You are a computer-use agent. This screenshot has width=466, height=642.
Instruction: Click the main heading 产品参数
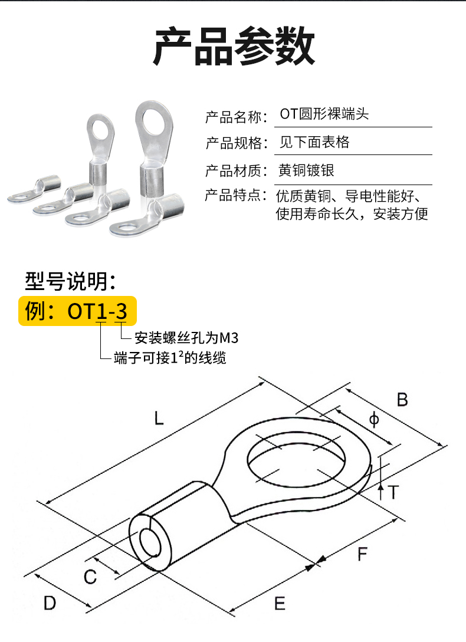click(234, 46)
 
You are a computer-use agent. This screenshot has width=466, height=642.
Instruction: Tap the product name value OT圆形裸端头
click(324, 114)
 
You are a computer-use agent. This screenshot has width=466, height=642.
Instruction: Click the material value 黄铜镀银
click(306, 170)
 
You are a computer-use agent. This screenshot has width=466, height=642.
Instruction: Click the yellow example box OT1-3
click(77, 311)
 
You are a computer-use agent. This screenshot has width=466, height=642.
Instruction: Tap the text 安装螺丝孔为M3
click(186, 338)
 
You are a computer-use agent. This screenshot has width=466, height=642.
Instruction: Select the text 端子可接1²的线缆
click(170, 357)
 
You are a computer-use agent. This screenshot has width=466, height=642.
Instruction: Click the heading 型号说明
click(71, 281)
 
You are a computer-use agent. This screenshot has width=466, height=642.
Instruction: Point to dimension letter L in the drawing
click(159, 418)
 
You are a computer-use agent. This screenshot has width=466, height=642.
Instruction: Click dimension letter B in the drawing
click(402, 400)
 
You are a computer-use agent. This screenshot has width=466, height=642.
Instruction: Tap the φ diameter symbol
click(374, 420)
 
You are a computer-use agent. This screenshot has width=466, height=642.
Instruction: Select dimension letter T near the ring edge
click(393, 492)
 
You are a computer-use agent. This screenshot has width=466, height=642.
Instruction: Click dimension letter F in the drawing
click(362, 554)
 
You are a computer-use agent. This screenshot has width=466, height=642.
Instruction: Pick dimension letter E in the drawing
click(280, 604)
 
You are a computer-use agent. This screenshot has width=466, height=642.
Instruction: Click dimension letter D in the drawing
click(50, 603)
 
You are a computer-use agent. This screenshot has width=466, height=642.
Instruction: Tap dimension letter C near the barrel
click(90, 577)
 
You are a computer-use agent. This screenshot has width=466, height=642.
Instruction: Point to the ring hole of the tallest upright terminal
click(154, 119)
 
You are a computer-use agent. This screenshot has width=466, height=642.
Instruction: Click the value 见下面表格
click(314, 142)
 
